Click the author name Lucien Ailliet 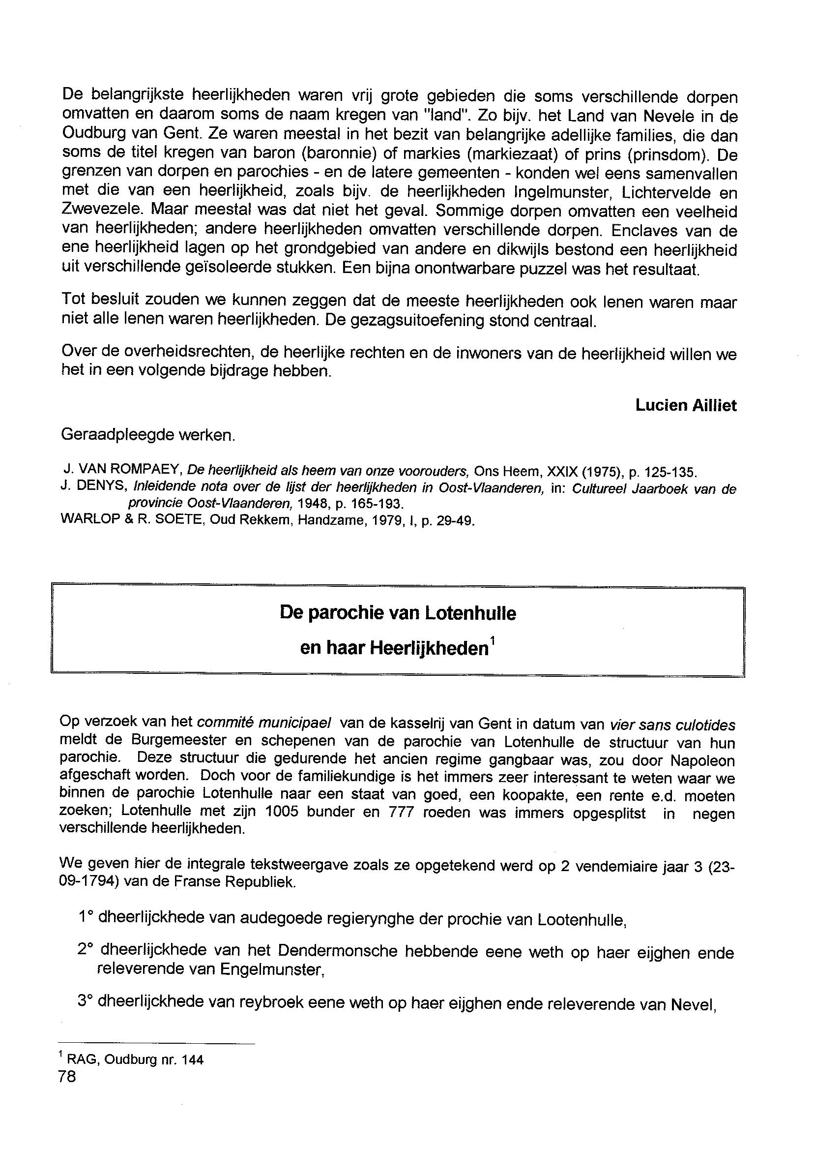point(686,405)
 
